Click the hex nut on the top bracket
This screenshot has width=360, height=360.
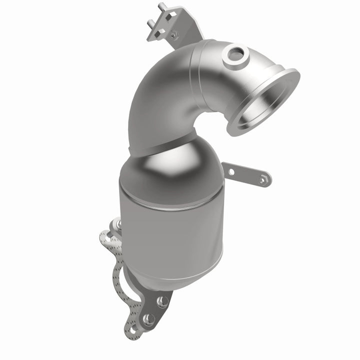click(x=173, y=35)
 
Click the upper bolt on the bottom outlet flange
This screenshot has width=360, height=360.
click(x=162, y=301)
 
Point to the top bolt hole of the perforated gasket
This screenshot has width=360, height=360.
click(x=106, y=235)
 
